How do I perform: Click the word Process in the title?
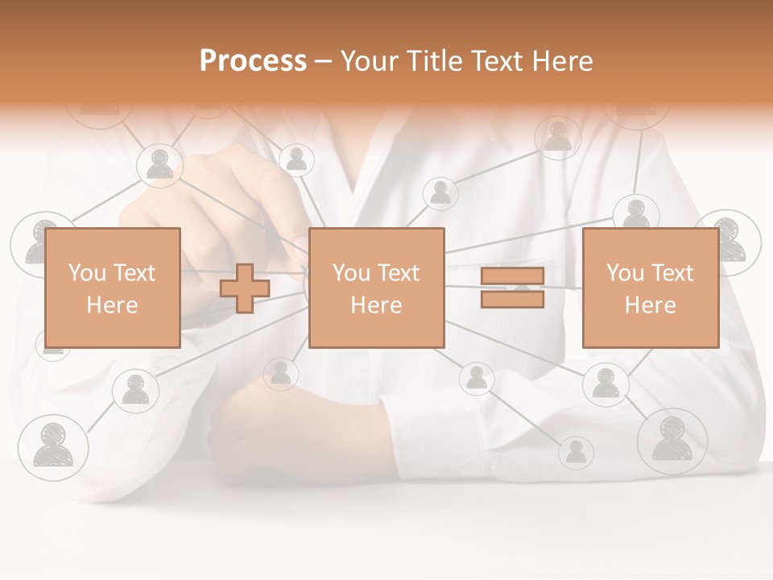[x=253, y=61]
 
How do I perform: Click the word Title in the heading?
[x=436, y=61]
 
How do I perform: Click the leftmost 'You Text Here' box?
[x=112, y=288]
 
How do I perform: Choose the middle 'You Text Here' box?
[x=376, y=288]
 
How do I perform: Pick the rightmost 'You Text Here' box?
[x=650, y=288]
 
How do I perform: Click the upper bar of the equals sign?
[x=512, y=276]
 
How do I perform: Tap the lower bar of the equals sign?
[x=512, y=300]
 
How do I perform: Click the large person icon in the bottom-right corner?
[x=672, y=440]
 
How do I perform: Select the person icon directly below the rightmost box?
[x=605, y=383]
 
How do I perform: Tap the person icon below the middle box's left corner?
[x=280, y=372]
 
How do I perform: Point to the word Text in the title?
[x=497, y=61]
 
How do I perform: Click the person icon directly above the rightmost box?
[x=635, y=213]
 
